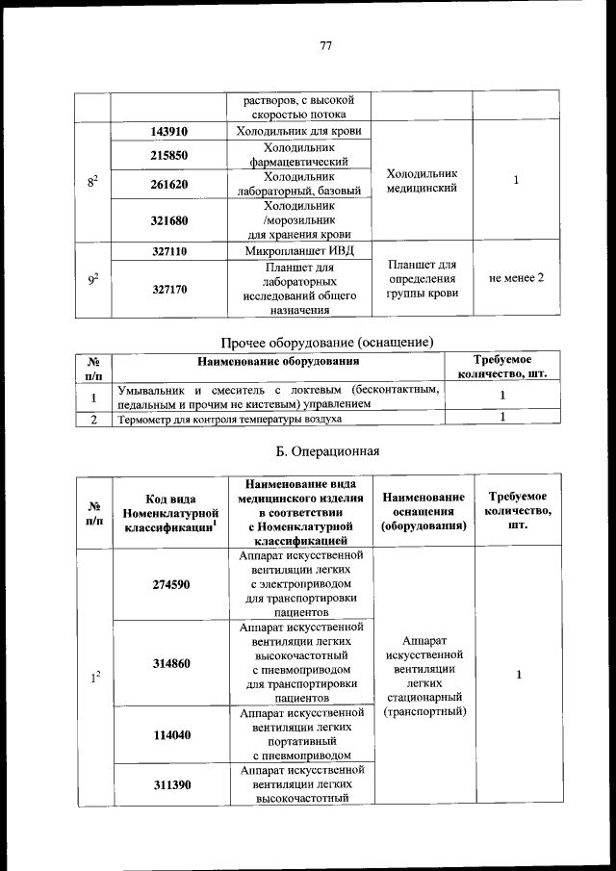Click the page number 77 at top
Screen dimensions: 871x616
click(325, 44)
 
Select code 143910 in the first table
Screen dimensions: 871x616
click(169, 132)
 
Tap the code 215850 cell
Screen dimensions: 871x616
click(169, 155)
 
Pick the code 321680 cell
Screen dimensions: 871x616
click(169, 220)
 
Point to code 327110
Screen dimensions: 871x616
click(169, 250)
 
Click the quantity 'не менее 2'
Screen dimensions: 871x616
click(517, 278)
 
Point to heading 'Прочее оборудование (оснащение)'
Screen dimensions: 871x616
click(327, 342)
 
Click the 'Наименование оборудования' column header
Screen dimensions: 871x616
click(278, 362)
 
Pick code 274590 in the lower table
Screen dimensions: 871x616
click(169, 584)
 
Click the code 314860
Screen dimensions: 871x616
click(169, 663)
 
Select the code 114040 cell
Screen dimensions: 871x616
click(169, 735)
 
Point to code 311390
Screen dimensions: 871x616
click(169, 784)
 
